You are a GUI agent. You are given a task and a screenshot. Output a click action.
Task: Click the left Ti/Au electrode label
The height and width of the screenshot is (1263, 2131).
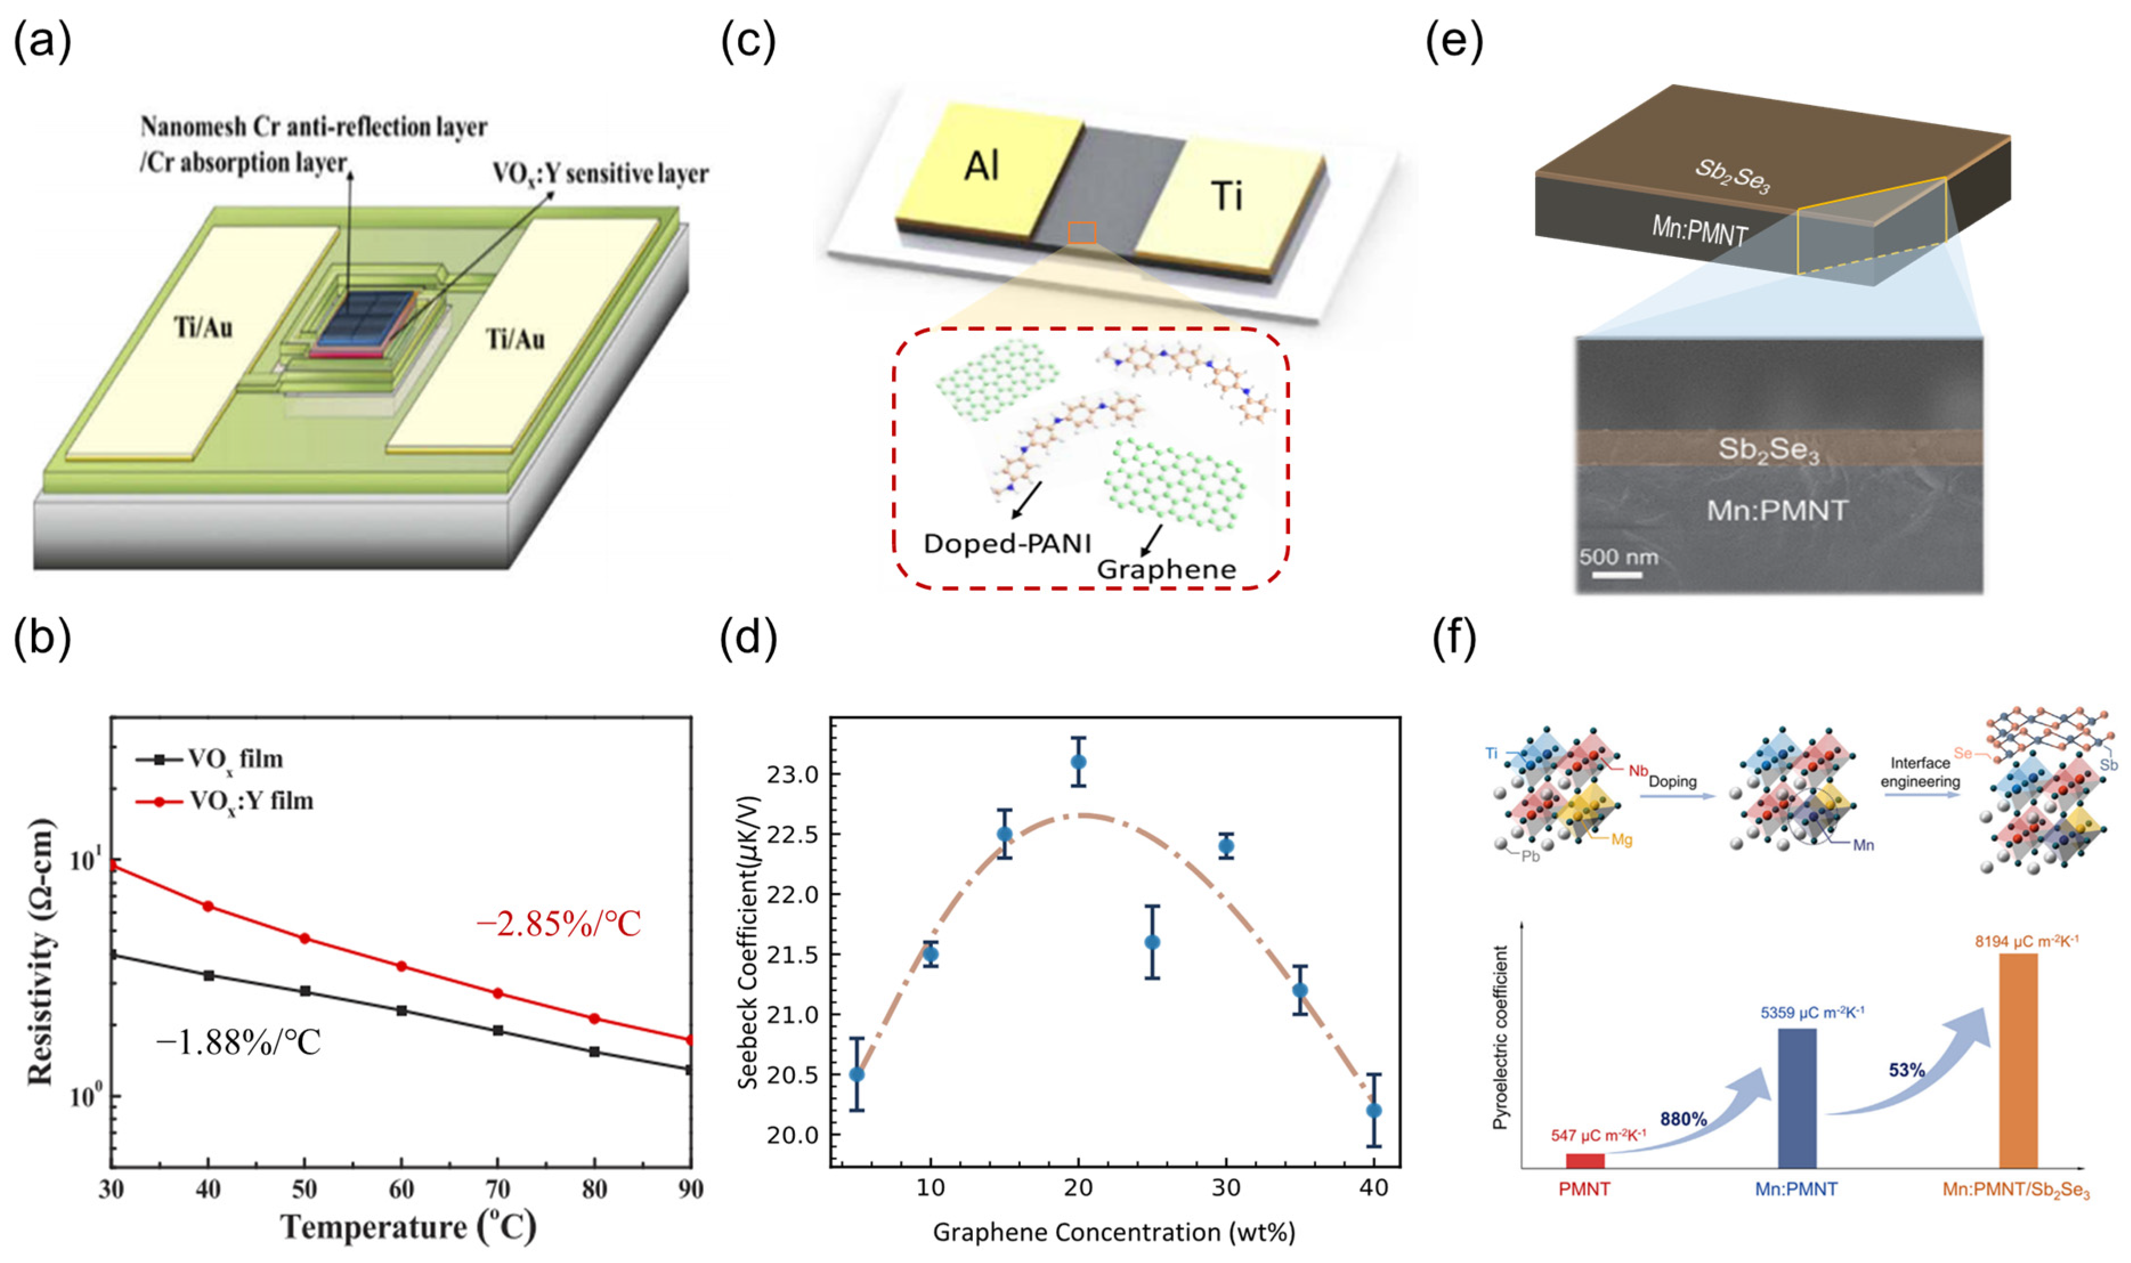pos(204,328)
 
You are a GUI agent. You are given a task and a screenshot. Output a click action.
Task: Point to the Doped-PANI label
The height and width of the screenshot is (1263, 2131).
pos(1007,543)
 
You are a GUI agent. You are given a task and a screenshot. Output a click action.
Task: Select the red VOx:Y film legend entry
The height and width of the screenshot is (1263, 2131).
pos(225,801)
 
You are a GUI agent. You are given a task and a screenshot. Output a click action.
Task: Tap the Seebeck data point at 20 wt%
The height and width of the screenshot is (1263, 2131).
pos(1078,762)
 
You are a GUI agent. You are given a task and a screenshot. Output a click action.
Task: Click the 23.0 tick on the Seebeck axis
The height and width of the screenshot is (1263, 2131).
pos(791,774)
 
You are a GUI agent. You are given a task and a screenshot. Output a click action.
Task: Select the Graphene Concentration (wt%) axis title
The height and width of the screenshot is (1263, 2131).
pos(1114,1232)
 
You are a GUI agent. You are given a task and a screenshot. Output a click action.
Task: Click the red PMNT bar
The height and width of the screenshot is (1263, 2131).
pos(1585,1160)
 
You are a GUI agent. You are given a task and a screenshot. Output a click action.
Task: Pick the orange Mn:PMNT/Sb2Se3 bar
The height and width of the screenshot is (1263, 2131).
pos(2018,1059)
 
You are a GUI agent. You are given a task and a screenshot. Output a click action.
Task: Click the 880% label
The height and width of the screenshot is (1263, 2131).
pos(1683,1119)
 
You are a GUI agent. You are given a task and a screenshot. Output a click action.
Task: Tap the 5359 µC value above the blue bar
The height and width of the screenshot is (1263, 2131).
pos(1813,1013)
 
